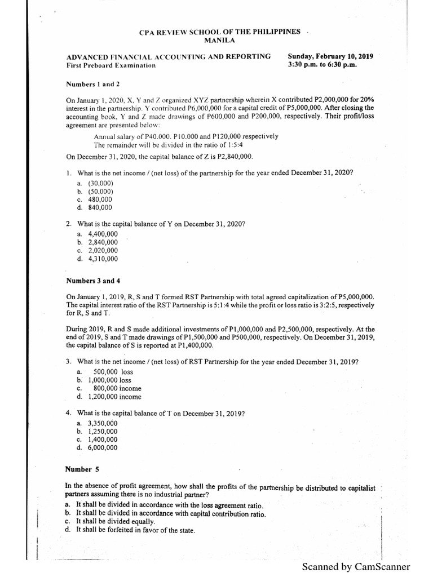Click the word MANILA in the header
coord(220,41)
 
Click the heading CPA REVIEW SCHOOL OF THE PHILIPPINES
coord(220,32)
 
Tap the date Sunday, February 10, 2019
coord(330,56)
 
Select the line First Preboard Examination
coord(111,65)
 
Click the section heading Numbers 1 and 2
coord(93,85)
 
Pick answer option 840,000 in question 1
coord(100,207)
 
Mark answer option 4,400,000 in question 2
coord(103,233)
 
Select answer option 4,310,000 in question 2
coord(103,259)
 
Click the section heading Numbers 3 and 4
coord(94,281)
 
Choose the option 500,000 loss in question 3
coord(113,372)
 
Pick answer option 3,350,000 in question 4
coord(103,423)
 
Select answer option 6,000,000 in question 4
coord(103,448)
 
